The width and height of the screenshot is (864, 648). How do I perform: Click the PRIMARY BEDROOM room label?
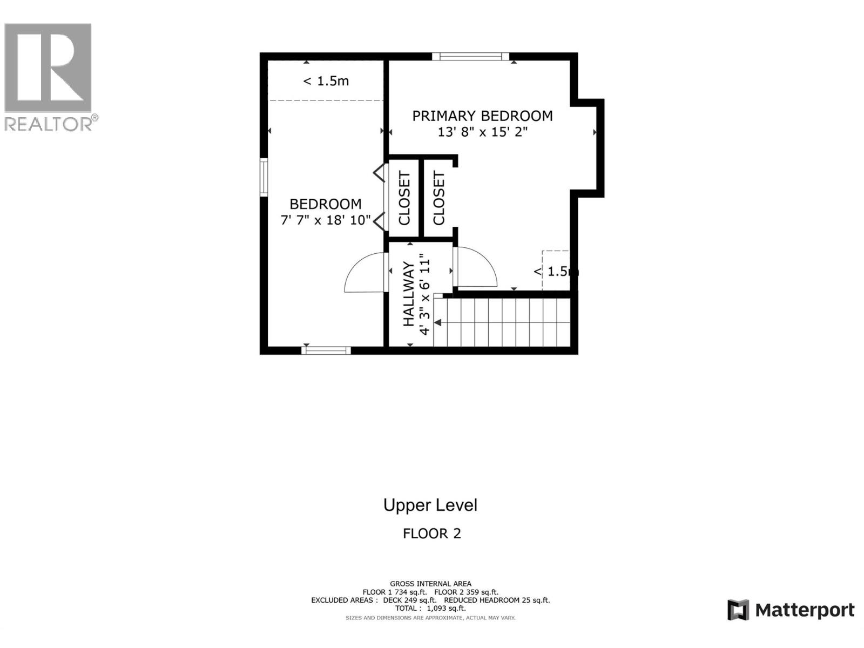(482, 116)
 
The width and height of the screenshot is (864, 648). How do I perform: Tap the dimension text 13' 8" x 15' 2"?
(482, 132)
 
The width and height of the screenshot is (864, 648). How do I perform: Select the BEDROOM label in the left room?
(325, 204)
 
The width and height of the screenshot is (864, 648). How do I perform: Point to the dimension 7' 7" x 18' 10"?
(325, 220)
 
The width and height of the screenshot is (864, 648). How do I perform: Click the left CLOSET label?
(404, 198)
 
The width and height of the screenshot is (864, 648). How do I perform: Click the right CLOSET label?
(438, 198)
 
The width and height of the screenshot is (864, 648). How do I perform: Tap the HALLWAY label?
(409, 294)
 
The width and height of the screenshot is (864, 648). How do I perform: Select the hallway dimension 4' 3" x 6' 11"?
(426, 294)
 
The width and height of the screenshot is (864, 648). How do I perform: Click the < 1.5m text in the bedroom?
(326, 81)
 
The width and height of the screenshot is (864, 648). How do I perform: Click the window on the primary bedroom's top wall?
(470, 56)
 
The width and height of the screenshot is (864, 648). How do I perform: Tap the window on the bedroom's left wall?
(264, 177)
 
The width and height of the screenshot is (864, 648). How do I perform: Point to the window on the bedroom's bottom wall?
(326, 350)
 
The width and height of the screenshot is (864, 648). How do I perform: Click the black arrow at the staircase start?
(438, 322)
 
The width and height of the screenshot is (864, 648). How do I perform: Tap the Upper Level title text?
(430, 505)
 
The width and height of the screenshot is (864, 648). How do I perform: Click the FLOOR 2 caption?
(431, 534)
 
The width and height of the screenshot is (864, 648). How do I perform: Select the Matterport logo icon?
(738, 610)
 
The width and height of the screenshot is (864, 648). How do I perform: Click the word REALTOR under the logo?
(49, 124)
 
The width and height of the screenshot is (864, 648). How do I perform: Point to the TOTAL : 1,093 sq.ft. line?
(430, 608)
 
